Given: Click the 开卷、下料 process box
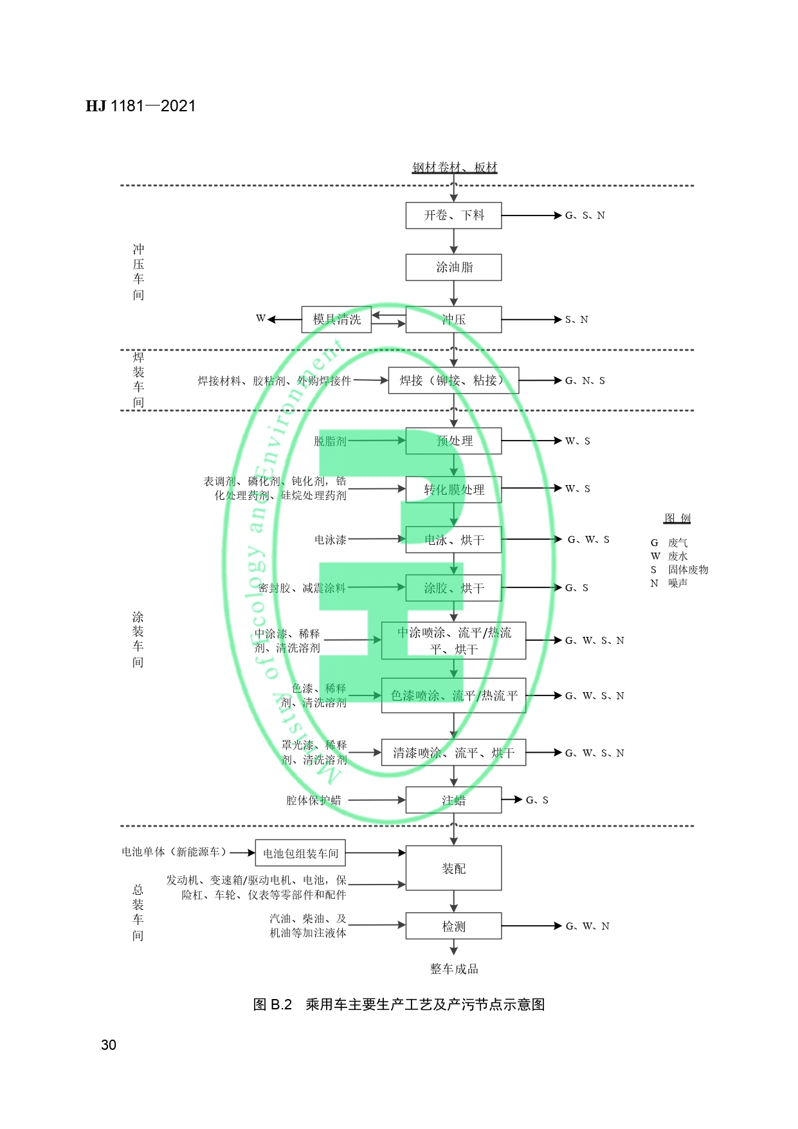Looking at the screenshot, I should pos(453,216).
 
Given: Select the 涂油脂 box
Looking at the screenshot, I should pos(453,267).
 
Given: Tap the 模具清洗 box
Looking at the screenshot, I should pos(336,319).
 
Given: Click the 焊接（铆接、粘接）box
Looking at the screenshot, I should pos(453,380).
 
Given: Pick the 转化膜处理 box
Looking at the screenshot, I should pos(453,490).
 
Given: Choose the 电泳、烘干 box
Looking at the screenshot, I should pos(453,540).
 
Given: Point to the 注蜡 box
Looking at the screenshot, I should pos(453,800).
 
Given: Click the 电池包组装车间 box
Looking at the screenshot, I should pos(300,853).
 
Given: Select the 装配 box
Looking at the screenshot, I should pos(453,868).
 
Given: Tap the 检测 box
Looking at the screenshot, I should pos(453,926).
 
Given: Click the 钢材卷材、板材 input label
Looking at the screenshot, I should pos(455,167).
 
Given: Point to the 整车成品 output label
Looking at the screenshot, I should pos(454,969).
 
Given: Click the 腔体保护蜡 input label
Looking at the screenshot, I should pos(314,800).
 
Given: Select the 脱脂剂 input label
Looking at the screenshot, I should pos(330,441).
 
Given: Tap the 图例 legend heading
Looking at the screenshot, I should pos(677,519).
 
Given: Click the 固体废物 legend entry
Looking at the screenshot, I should pos(688,570).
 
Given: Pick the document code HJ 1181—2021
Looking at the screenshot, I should pos(141,106).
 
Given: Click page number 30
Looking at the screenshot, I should pos(109,1045).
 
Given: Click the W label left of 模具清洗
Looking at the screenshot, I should pos(260,318).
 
